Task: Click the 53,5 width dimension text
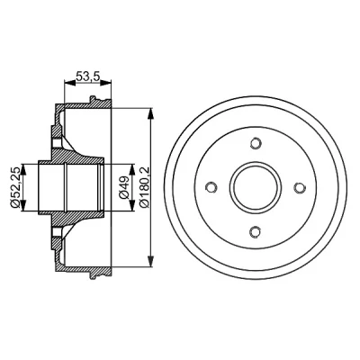point(87,76)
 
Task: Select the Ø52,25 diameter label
point(15,186)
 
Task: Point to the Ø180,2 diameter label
point(144,187)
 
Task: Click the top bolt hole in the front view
point(256,142)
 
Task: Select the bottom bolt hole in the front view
point(256,231)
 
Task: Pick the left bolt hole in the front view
point(211,187)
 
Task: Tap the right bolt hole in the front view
point(300,187)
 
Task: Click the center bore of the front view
point(256,187)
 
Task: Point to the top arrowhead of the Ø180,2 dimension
point(151,114)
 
